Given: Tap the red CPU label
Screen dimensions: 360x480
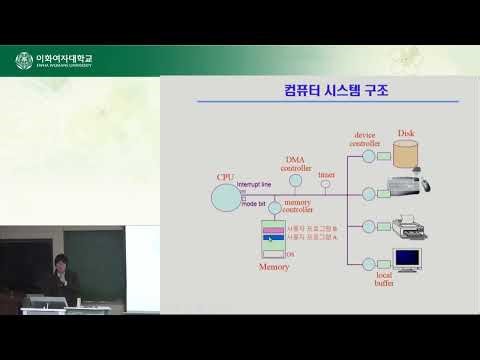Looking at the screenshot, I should (x=226, y=177).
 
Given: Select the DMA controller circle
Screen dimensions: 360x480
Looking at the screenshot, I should (x=295, y=183).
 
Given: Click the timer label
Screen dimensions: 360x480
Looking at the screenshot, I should (x=325, y=174).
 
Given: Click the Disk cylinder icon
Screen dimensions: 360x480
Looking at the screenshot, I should (x=406, y=153).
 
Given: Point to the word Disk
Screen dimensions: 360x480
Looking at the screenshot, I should (x=406, y=133).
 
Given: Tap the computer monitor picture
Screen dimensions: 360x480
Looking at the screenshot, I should (x=408, y=258).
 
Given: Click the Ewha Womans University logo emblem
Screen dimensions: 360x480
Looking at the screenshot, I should (x=23, y=61).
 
